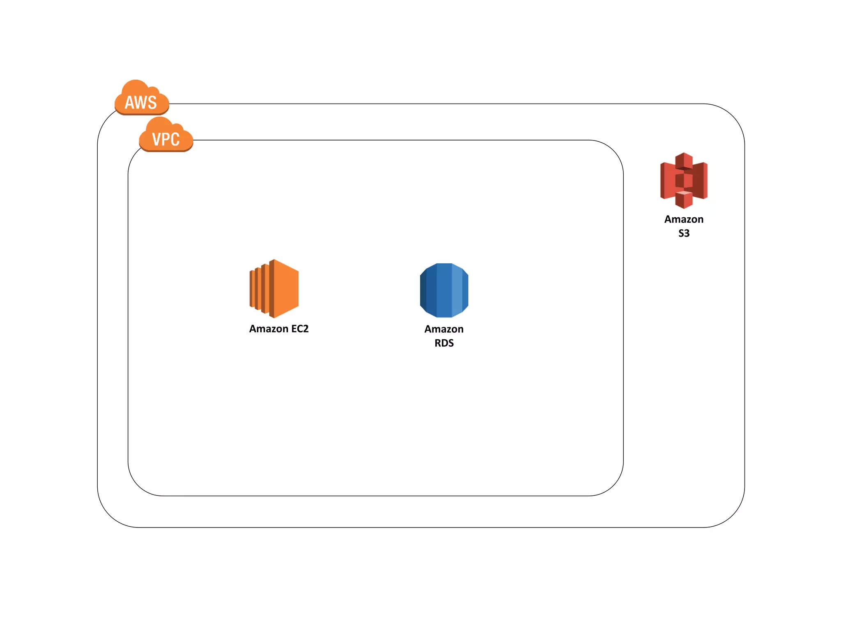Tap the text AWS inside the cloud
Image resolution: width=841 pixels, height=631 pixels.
point(141,103)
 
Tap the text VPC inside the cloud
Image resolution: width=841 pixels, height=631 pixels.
point(166,140)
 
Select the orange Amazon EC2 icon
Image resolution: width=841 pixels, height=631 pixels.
point(274,288)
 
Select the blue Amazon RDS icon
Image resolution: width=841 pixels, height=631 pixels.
point(444,290)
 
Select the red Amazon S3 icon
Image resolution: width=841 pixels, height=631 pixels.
point(684,180)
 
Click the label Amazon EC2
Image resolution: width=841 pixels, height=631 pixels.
point(279,329)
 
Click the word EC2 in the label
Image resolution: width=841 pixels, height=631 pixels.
point(300,329)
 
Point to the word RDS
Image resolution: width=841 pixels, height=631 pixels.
point(444,343)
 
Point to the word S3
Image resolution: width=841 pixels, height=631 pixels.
point(684,233)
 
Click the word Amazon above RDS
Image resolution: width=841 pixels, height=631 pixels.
point(444,329)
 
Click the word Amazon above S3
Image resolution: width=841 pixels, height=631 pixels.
point(684,219)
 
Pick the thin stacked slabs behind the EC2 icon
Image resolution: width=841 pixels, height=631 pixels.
point(257,288)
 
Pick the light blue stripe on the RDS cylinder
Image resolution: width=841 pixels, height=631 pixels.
point(457,290)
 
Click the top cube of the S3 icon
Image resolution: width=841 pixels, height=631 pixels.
point(684,161)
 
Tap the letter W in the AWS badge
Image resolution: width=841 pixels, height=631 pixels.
point(141,103)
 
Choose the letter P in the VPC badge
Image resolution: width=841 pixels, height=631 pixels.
point(166,140)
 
